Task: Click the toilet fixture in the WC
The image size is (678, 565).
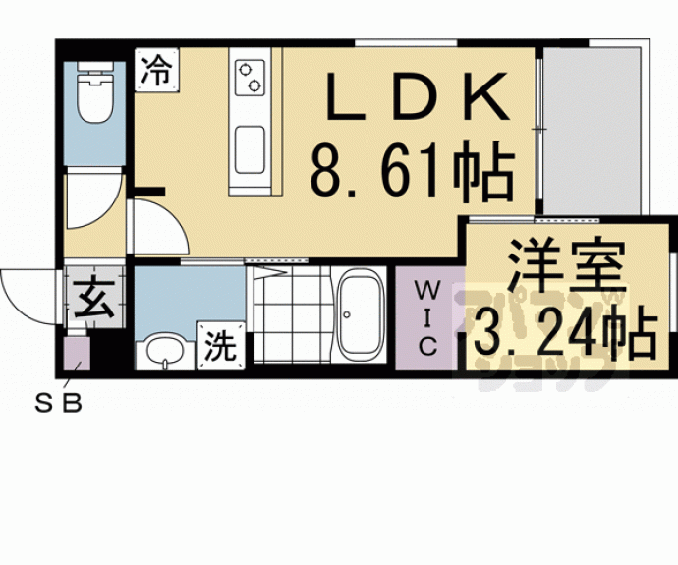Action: point(94,96)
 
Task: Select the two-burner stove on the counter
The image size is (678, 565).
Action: point(250,76)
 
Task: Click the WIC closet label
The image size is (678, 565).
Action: point(427,316)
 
